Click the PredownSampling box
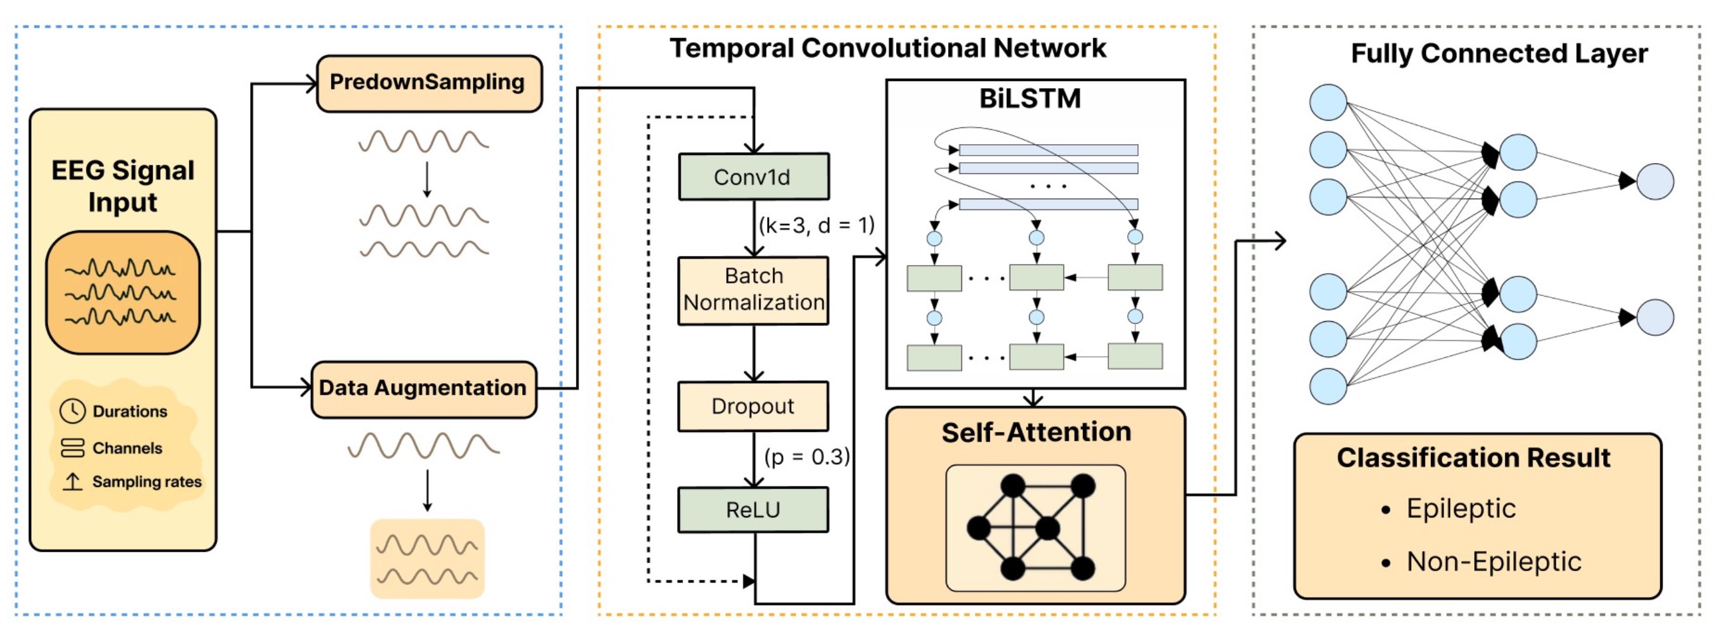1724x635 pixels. click(428, 83)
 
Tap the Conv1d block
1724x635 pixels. click(754, 177)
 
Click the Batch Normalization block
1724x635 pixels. click(754, 290)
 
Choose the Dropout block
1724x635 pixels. click(753, 406)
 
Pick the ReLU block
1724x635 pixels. click(753, 510)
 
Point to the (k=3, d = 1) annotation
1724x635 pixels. click(816, 226)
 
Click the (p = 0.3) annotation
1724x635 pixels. click(807, 457)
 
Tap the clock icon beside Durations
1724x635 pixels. click(72, 411)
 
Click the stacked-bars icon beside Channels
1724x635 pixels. click(72, 448)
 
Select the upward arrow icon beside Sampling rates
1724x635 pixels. click(72, 481)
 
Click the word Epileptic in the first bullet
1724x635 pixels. click(1460, 509)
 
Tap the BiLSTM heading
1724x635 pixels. click(1030, 99)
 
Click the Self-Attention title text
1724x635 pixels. click(1036, 432)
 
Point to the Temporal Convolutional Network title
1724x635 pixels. click(887, 48)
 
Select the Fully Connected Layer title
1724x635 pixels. click(1499, 54)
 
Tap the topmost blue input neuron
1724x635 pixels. click(1328, 102)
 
